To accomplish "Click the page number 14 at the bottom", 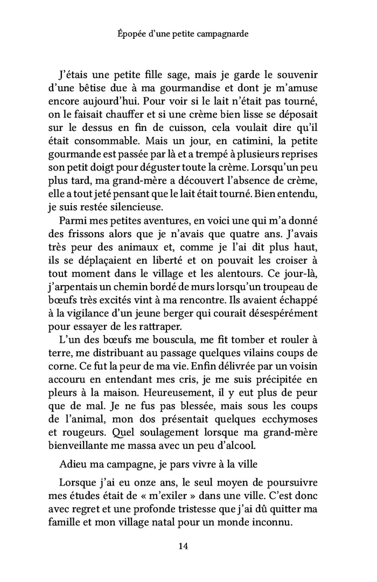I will (x=183, y=546).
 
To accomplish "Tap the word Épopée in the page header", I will (x=131, y=34).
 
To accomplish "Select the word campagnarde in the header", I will (x=232, y=34).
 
